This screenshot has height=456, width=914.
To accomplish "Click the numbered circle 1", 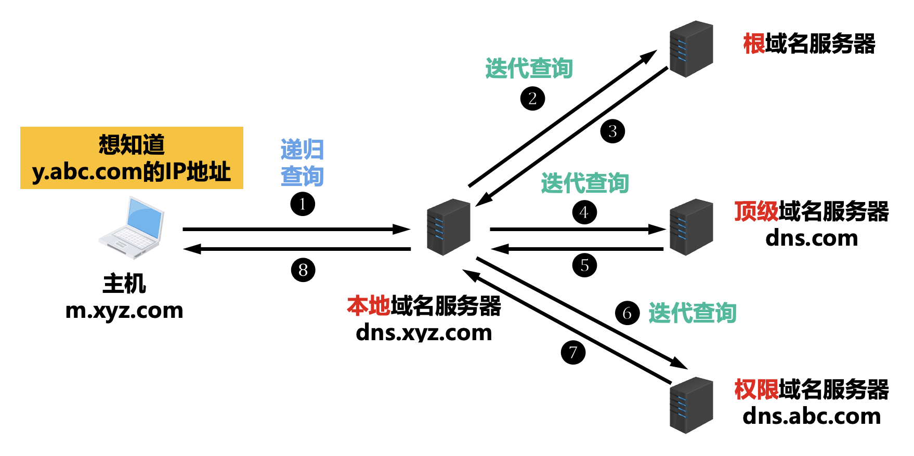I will (303, 204).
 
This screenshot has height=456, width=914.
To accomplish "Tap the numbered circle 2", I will (532, 98).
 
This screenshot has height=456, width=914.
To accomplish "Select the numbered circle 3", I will (612, 131).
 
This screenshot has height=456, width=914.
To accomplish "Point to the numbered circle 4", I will (584, 212).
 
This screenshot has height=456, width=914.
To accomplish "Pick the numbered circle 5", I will (584, 265).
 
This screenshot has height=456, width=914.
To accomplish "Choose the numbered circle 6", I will (627, 313).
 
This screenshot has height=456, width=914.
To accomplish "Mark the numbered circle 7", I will (573, 353).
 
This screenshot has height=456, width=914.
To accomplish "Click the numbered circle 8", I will (303, 270).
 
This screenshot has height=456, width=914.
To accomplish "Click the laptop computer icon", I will (132, 227).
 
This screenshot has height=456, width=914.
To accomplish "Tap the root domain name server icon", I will (691, 49).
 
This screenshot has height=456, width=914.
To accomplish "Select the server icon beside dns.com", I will (691, 227).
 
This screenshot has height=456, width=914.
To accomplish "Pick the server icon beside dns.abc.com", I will (691, 405).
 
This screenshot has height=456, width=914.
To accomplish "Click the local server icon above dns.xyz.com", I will (448, 227).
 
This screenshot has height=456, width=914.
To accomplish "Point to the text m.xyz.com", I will (124, 311).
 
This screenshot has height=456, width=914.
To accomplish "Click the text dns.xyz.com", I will (424, 333).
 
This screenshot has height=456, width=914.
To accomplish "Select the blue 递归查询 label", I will (302, 163).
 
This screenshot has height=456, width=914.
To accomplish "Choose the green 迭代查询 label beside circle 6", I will (692, 313).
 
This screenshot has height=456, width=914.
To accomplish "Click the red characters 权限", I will (756, 390).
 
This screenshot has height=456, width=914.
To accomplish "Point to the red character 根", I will (753, 44).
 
